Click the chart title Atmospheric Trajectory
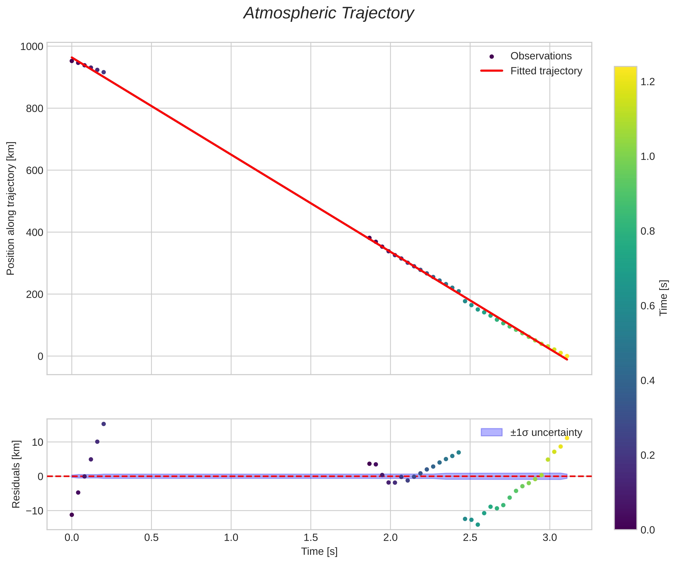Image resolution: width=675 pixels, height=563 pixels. tap(329, 14)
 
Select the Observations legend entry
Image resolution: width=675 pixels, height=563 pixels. tap(541, 56)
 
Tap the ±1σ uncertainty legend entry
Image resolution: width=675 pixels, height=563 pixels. tap(546, 432)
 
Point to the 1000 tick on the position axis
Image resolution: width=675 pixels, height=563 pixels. tap(32, 47)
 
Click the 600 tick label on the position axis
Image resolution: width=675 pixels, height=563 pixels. tap(34, 170)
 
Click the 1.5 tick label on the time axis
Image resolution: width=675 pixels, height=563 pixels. tap(311, 538)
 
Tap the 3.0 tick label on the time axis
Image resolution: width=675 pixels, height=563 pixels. tap(550, 538)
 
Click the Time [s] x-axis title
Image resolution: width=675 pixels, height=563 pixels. tap(319, 551)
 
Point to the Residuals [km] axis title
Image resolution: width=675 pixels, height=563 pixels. tap(16, 474)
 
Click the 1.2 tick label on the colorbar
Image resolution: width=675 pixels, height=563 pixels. tap(648, 82)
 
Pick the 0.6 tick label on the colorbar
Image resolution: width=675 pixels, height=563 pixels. tap(648, 306)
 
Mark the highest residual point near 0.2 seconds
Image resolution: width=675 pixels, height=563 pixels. tap(103, 424)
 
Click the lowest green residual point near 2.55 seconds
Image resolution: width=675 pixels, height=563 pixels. tap(478, 525)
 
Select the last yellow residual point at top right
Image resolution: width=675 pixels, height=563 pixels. tap(567, 438)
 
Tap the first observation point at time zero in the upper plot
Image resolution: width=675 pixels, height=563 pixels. tap(72, 61)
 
